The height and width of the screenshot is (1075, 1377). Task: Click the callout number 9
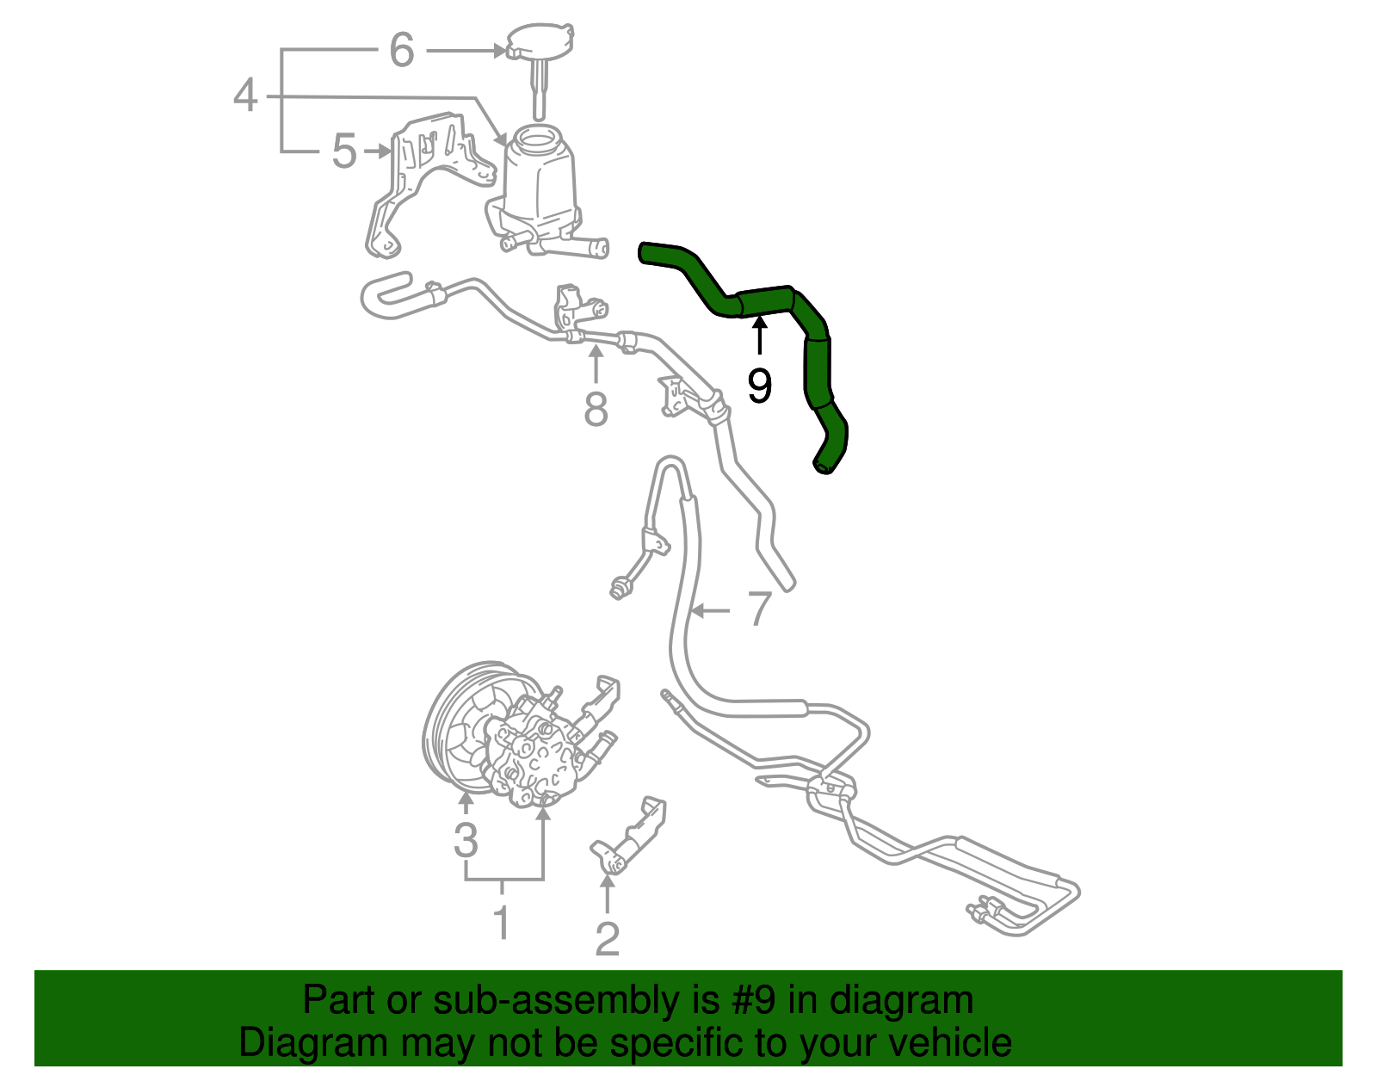pyautogui.click(x=759, y=386)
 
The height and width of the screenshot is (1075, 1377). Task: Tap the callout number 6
pyautogui.click(x=402, y=50)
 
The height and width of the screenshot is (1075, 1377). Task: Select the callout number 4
pyautogui.click(x=245, y=95)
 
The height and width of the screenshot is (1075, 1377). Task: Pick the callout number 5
pyautogui.click(x=344, y=152)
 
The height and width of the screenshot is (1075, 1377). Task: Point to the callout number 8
pyautogui.click(x=596, y=409)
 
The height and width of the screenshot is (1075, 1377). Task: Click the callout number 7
pyautogui.click(x=758, y=609)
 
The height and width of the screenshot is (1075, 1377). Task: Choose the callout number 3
pyautogui.click(x=466, y=839)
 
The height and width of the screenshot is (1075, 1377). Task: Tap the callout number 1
pyautogui.click(x=502, y=923)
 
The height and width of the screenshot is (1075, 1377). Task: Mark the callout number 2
pyautogui.click(x=608, y=939)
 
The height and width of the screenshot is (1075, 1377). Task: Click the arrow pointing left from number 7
pyautogui.click(x=710, y=611)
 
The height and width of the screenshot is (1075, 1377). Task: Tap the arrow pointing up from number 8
pyautogui.click(x=596, y=363)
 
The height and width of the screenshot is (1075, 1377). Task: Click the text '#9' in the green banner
pyautogui.click(x=754, y=1000)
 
